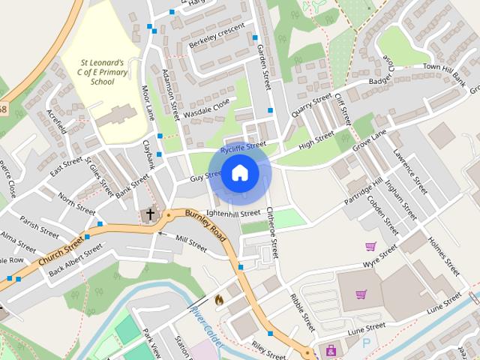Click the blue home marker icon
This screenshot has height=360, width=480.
point(239,173)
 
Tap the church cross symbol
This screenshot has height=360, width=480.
point(150,214)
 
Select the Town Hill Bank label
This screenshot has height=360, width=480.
point(445,74)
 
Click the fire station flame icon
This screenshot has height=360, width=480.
point(219,299)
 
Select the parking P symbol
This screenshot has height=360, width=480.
point(367,343)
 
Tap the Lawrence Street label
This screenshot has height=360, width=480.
point(410,170)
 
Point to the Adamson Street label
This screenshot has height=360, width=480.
point(172,95)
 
